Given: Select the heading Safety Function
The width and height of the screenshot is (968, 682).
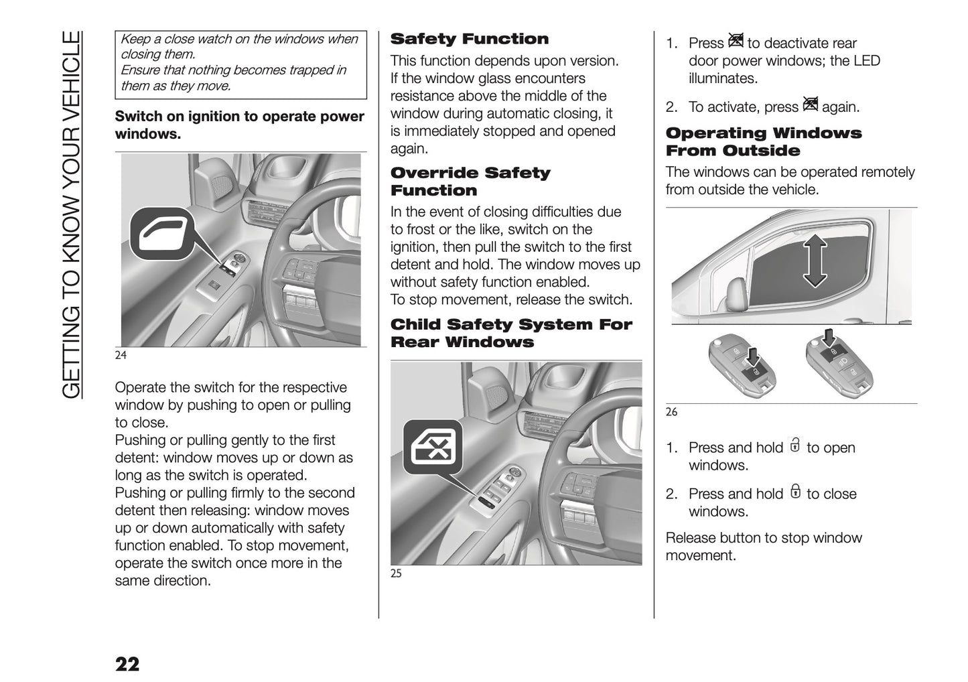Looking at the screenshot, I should pyautogui.click(x=469, y=39).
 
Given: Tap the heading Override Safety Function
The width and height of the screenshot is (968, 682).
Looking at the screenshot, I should pyautogui.click(x=470, y=182).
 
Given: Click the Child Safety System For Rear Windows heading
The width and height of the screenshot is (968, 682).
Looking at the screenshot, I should pyautogui.click(x=510, y=333).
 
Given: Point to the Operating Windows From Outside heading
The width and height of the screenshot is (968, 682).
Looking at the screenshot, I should pyautogui.click(x=763, y=142).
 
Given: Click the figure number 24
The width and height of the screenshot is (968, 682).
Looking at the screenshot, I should pyautogui.click(x=121, y=355).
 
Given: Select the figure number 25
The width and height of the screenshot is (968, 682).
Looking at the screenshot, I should pyautogui.click(x=396, y=573).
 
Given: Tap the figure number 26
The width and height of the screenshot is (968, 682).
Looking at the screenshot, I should pyautogui.click(x=671, y=412).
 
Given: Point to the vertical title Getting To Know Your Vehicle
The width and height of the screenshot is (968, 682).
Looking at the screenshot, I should pyautogui.click(x=72, y=214).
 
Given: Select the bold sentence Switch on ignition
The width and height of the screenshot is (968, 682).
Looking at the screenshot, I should pyautogui.click(x=239, y=125).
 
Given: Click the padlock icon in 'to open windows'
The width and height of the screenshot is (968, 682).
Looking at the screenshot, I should pyautogui.click(x=795, y=446).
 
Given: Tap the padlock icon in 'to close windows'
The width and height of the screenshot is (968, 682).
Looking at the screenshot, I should pyautogui.click(x=795, y=492).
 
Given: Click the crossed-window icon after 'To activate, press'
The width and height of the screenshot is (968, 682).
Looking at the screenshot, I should pyautogui.click(x=810, y=105).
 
